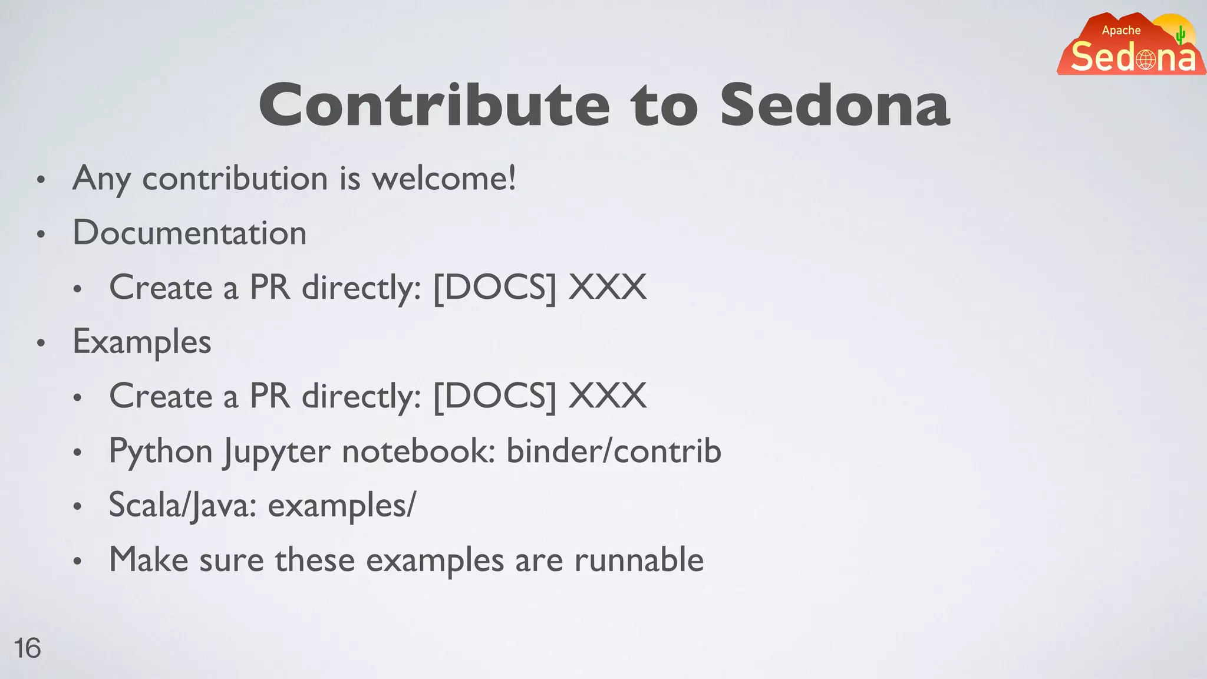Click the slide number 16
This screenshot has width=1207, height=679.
(x=27, y=648)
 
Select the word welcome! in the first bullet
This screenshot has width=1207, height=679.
(x=444, y=178)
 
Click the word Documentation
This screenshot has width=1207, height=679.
(x=189, y=233)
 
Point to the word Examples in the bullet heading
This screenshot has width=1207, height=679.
(x=141, y=342)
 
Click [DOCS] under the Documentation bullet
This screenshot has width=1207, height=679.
(x=494, y=288)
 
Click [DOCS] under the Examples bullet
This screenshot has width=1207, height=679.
(x=494, y=396)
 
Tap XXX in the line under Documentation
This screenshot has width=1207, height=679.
(x=607, y=288)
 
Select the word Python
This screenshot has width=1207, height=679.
(x=160, y=452)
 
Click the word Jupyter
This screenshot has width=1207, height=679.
(x=277, y=452)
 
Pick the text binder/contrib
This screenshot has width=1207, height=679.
(x=614, y=451)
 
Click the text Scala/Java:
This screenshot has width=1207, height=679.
(x=183, y=506)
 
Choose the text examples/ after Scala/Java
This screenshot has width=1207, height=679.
(x=342, y=506)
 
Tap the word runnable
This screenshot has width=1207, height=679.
(x=639, y=560)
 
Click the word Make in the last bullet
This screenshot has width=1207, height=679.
(x=149, y=560)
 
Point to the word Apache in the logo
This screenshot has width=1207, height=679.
(x=1121, y=30)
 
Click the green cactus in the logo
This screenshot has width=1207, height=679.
(x=1180, y=35)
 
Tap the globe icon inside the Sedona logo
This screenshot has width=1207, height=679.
(x=1146, y=60)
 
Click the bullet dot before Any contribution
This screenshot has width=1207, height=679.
(x=41, y=180)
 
